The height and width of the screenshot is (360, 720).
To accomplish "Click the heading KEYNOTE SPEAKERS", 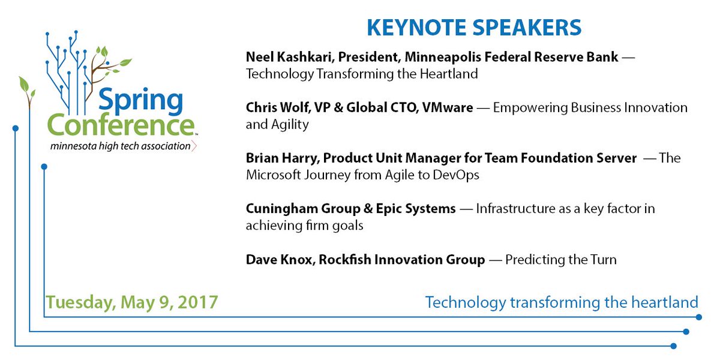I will coord(473,27).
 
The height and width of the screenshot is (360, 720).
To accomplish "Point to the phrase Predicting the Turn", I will coord(561,260).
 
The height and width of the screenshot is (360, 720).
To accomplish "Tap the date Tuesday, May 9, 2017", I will coord(132,302).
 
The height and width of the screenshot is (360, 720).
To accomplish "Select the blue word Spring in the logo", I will coord(140,103).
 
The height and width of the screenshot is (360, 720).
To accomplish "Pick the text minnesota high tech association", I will coord(120,146).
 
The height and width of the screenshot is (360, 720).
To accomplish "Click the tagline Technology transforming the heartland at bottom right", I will coord(562,302).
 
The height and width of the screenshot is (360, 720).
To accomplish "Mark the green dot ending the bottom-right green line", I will coord(699,317).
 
